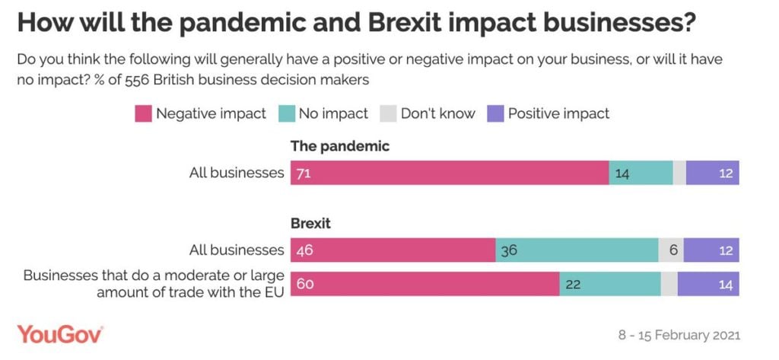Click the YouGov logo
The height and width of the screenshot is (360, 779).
point(60,334)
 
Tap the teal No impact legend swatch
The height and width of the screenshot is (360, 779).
point(286,113)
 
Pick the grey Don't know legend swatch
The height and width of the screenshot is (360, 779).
point(388,113)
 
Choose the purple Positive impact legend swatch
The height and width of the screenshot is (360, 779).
point(495,113)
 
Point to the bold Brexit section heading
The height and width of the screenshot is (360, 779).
point(310,225)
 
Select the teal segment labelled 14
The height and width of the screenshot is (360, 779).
point(641,173)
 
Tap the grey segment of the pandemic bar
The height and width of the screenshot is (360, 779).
point(679,173)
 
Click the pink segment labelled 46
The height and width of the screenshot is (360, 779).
point(393,250)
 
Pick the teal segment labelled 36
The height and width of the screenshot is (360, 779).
point(577,250)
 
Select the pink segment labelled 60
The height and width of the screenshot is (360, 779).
point(424,284)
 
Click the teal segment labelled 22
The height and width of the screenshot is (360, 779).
point(610,284)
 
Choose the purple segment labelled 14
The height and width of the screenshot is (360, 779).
point(707,284)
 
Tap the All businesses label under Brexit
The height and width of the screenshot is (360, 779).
point(237,250)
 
